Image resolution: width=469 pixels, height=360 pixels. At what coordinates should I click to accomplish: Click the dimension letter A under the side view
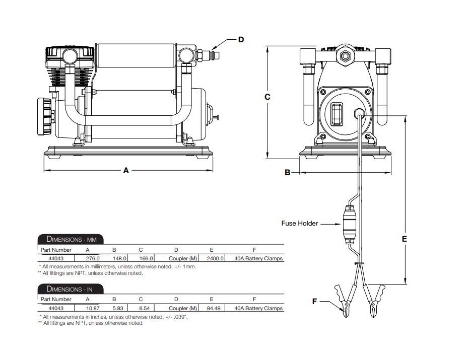click(126, 171)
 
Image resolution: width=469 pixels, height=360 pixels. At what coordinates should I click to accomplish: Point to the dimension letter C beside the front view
click(268, 97)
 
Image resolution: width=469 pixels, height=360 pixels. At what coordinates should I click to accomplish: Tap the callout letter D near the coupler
click(241, 39)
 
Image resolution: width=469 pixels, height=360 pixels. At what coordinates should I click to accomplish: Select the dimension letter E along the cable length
click(404, 240)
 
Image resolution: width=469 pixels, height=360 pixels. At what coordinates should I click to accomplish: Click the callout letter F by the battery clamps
click(315, 301)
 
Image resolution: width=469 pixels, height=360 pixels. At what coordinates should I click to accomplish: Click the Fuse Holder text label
click(299, 224)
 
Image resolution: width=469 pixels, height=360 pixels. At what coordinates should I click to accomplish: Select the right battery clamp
click(375, 300)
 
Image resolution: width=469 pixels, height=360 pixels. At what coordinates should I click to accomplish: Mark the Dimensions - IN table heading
click(69, 289)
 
